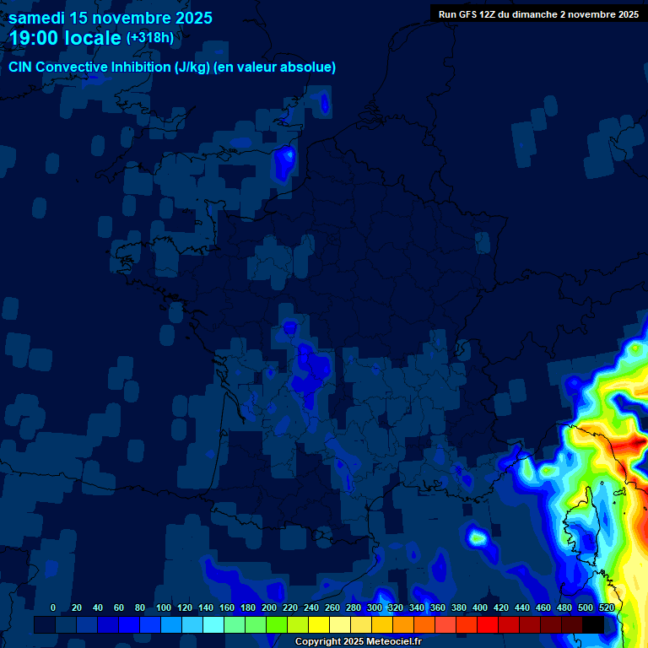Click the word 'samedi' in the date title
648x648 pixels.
click(37, 18)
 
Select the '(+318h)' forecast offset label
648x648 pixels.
click(151, 38)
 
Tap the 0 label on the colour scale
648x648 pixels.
click(53, 607)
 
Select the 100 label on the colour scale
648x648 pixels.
click(164, 607)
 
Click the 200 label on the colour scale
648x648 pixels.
click(269, 607)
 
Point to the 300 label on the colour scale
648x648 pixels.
click(375, 607)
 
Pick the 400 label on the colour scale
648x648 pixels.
click(480, 607)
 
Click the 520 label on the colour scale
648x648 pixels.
click(607, 607)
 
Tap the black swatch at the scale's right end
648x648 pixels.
click(593, 624)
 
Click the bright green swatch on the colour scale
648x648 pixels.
click(277, 624)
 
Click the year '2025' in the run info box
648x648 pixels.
click(624, 14)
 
